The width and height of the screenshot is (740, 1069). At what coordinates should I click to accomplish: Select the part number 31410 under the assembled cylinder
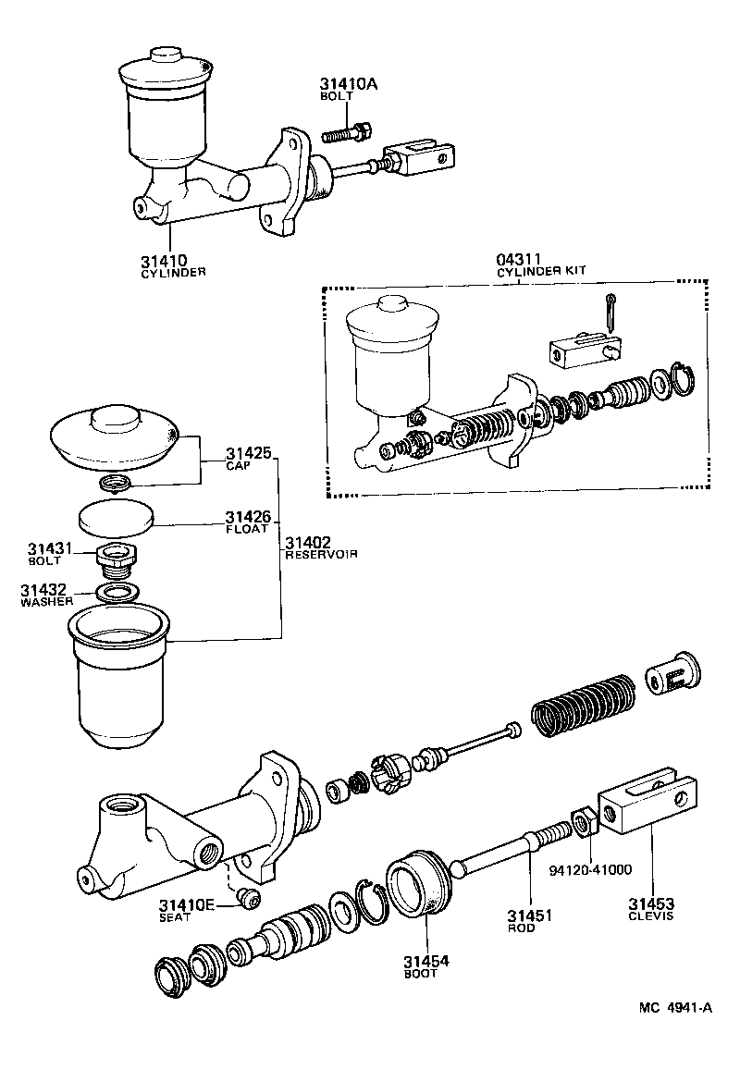tap(166, 260)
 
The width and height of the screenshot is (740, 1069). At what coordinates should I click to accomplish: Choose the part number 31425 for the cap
tap(248, 454)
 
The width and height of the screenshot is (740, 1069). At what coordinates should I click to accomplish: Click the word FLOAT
tap(247, 529)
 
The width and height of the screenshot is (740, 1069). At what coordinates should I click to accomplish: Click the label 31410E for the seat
tap(186, 904)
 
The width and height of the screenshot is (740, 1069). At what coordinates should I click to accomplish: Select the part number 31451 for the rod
tap(529, 915)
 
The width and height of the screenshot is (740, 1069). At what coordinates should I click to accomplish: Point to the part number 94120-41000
tap(590, 869)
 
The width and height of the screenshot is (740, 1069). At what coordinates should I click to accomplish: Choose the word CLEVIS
tap(651, 917)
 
